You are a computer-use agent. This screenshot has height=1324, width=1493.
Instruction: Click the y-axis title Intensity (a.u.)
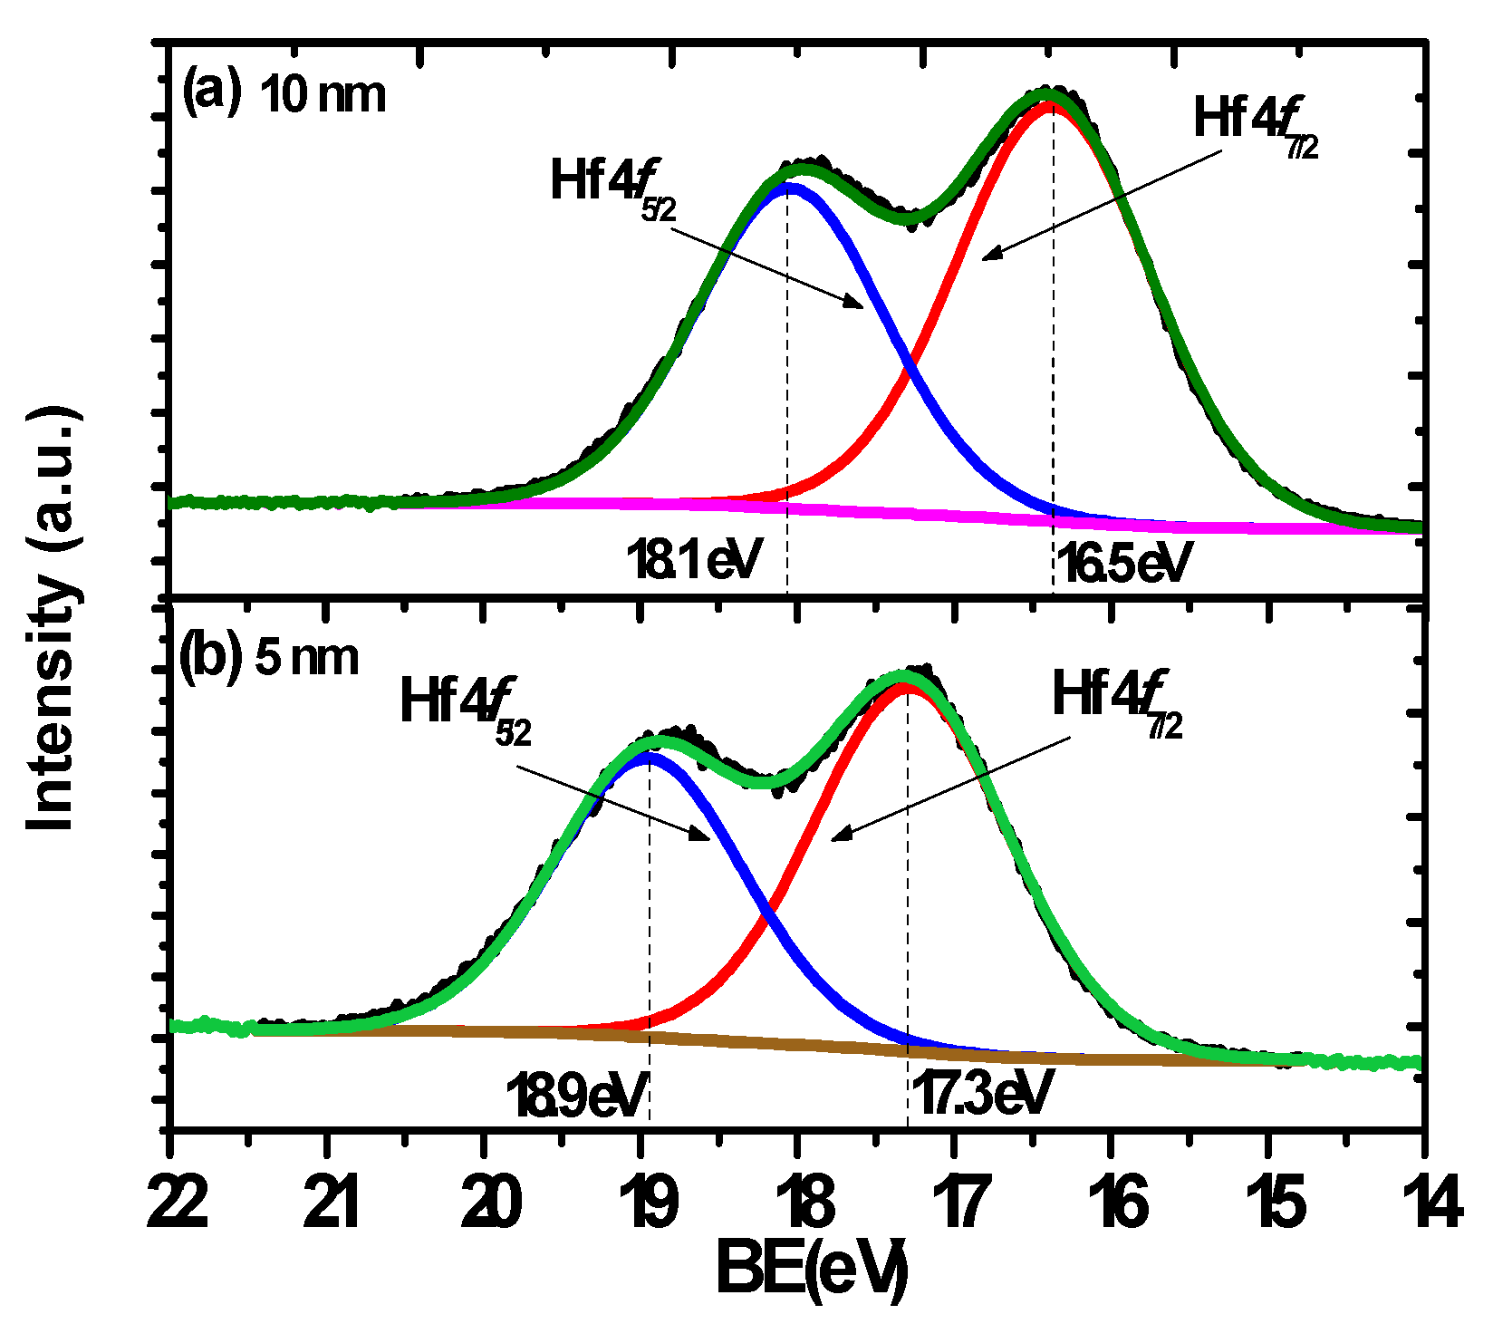tap(52, 620)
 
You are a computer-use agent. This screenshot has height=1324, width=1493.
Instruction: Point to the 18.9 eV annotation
tap(577, 1095)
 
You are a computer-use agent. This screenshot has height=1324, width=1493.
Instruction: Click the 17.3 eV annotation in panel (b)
tap(981, 1093)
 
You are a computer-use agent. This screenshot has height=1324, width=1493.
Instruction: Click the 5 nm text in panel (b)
tap(307, 657)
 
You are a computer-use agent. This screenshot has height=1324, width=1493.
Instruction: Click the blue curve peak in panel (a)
tap(788, 187)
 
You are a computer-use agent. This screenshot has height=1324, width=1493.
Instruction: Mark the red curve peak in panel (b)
tap(904, 686)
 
